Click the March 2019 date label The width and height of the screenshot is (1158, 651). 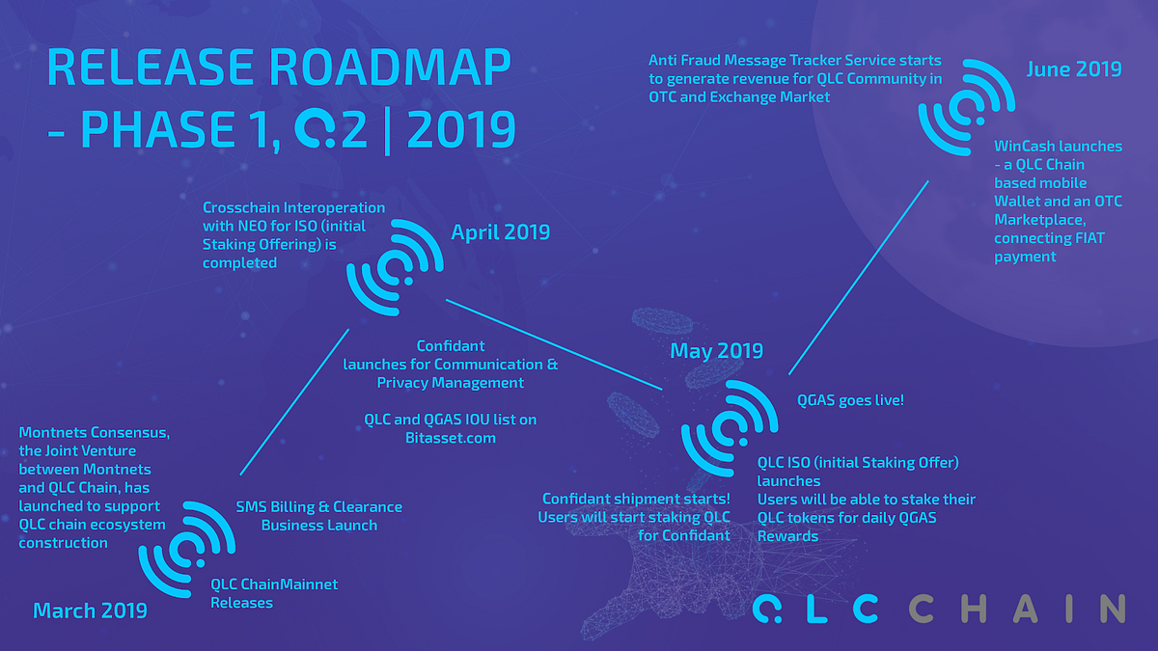point(90,610)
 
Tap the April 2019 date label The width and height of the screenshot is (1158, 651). point(500,232)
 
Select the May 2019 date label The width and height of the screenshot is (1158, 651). point(716,351)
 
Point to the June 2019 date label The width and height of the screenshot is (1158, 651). point(1074,69)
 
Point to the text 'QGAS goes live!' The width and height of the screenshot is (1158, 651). point(850,398)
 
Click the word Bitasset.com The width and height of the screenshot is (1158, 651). point(451,438)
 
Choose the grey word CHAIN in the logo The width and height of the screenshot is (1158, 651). point(1017,609)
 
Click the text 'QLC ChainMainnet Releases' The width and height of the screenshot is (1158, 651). point(275,593)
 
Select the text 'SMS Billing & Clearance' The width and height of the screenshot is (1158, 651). point(319,506)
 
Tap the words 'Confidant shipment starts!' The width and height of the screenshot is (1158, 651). point(636,499)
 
